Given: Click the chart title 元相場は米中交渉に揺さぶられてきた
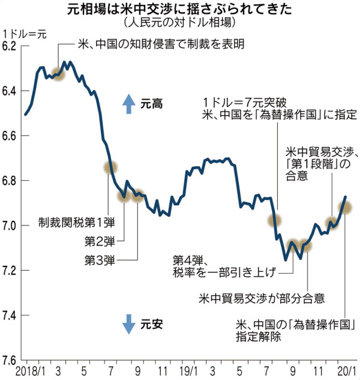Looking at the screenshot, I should point(180,10).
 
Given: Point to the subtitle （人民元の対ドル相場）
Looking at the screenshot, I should point(180,23).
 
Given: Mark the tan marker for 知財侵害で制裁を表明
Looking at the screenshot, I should point(58,74).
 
